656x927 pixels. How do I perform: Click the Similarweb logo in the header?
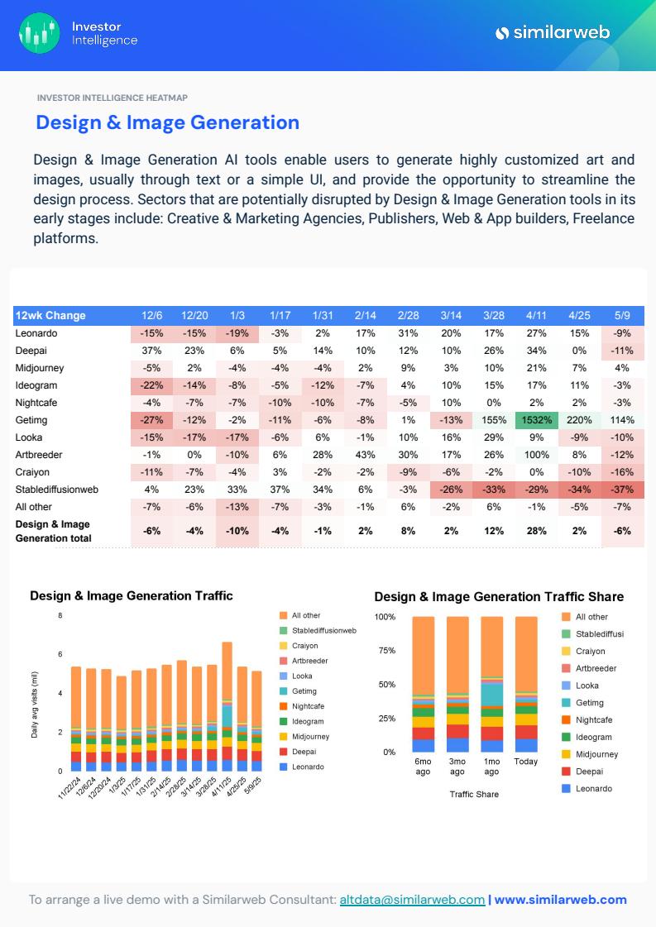click(552, 33)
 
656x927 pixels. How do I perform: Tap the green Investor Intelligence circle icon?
click(40, 33)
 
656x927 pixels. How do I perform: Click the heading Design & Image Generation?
click(167, 122)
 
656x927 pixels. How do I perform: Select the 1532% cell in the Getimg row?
click(536, 420)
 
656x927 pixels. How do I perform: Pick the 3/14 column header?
click(451, 316)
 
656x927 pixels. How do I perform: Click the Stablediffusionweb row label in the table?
click(57, 490)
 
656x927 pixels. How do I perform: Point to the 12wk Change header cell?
click(50, 316)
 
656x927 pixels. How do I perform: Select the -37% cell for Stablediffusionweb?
click(622, 490)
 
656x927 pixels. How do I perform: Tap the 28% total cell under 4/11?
click(536, 531)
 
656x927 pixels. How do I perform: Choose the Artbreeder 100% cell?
click(536, 455)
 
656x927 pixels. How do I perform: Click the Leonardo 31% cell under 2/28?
click(408, 333)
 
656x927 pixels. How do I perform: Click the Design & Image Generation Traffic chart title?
click(132, 595)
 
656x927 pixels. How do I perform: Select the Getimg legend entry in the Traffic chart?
click(304, 691)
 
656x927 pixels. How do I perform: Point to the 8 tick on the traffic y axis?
click(60, 615)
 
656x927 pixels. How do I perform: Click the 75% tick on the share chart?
click(385, 651)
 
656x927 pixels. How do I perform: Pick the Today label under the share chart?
click(525, 762)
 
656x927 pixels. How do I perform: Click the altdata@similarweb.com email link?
click(412, 900)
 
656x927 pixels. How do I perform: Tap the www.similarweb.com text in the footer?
click(560, 900)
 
